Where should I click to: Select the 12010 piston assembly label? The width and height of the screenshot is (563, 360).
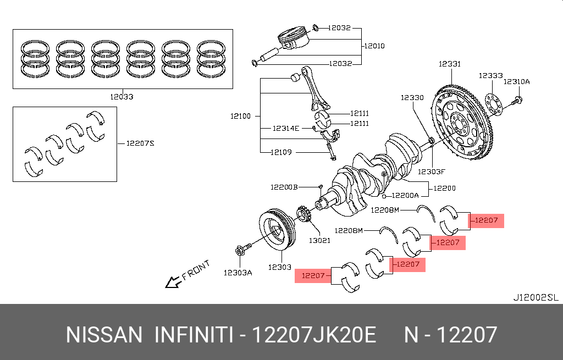374,46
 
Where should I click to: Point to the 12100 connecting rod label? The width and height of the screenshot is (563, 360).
241,116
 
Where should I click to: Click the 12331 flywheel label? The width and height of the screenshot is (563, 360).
449,64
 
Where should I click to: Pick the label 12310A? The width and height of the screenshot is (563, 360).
517,81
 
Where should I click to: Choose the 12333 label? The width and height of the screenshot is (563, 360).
490,76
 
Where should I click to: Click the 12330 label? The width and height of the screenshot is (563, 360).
412,97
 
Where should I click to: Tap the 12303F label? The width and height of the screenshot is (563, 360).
430,171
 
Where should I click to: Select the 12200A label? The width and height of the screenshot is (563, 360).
405,195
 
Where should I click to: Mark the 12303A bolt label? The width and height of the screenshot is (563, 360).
238,272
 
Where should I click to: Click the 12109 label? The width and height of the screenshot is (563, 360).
280,152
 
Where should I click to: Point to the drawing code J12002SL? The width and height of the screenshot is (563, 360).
536,298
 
